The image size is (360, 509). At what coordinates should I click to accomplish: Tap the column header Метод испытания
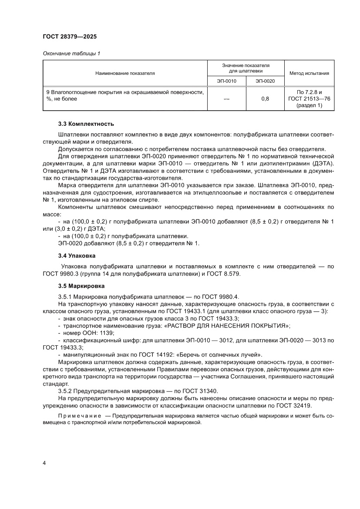(x=309, y=74)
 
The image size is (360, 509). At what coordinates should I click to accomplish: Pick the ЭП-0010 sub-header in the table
(x=226, y=81)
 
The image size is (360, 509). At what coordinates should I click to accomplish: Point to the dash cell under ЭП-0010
(x=226, y=99)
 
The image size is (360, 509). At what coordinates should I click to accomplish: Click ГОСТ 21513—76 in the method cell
(x=309, y=99)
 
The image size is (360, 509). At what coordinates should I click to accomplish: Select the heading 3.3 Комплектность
(x=86, y=124)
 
